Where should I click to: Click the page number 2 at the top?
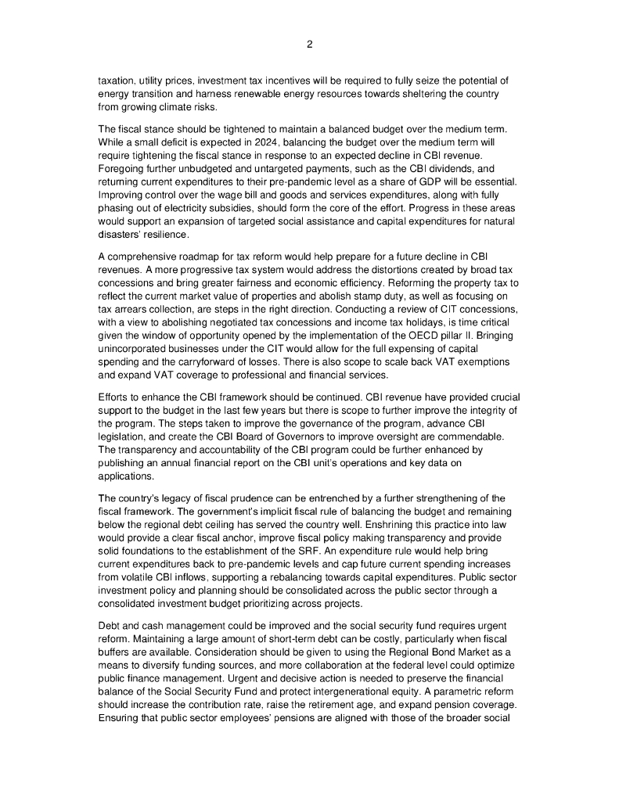[309, 45]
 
